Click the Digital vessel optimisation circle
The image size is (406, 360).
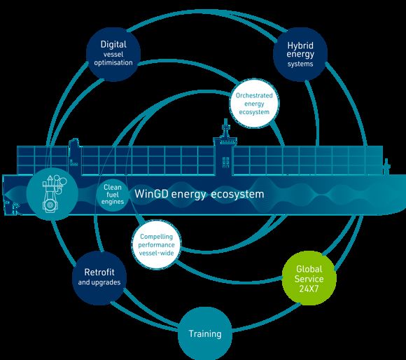coord(113,54)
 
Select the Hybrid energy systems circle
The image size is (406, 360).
coord(300,55)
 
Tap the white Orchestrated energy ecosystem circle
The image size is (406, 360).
coord(254,104)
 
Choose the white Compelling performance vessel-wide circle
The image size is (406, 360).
coord(156,244)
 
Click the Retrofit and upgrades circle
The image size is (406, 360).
coord(99,277)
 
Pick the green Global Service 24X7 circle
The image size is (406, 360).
coord(309,278)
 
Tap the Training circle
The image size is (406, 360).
coord(205,333)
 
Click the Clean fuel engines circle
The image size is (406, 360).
coord(113,195)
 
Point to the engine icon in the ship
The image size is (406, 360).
coord(54,193)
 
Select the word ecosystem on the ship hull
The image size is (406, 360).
coord(237,195)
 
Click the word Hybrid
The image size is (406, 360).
coord(300,46)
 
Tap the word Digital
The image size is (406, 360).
coord(113,45)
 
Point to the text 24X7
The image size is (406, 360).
coord(309,289)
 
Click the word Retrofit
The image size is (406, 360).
coord(99,272)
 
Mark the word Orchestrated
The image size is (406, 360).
coord(254,95)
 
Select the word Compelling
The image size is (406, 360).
coord(156,237)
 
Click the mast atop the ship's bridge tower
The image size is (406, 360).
coord(225,128)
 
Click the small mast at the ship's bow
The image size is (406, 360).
coord(386,166)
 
